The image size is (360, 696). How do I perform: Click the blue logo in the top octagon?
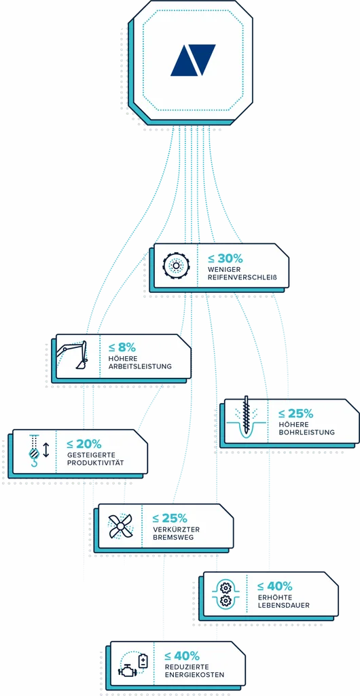coord(194,60)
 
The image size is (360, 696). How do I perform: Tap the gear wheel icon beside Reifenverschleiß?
coord(176,266)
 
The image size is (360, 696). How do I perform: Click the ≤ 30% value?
coord(225,258)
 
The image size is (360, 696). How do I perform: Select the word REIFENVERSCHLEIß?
coord(242,278)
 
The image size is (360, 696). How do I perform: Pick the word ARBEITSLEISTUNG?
coord(140,367)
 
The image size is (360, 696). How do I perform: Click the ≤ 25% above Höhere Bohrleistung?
coord(295,414)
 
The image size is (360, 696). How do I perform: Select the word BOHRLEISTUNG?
coord(306,432)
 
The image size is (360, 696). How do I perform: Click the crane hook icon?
coord(34,452)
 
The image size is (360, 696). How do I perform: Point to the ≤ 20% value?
coord(84,444)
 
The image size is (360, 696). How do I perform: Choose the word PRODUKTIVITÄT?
coord(95,463)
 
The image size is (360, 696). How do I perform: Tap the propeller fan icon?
coord(120,525)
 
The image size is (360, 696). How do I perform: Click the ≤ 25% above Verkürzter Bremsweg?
coord(170,518)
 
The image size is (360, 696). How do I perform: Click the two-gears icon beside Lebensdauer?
coord(226,594)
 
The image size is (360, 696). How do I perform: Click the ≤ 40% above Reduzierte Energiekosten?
coord(182,656)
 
